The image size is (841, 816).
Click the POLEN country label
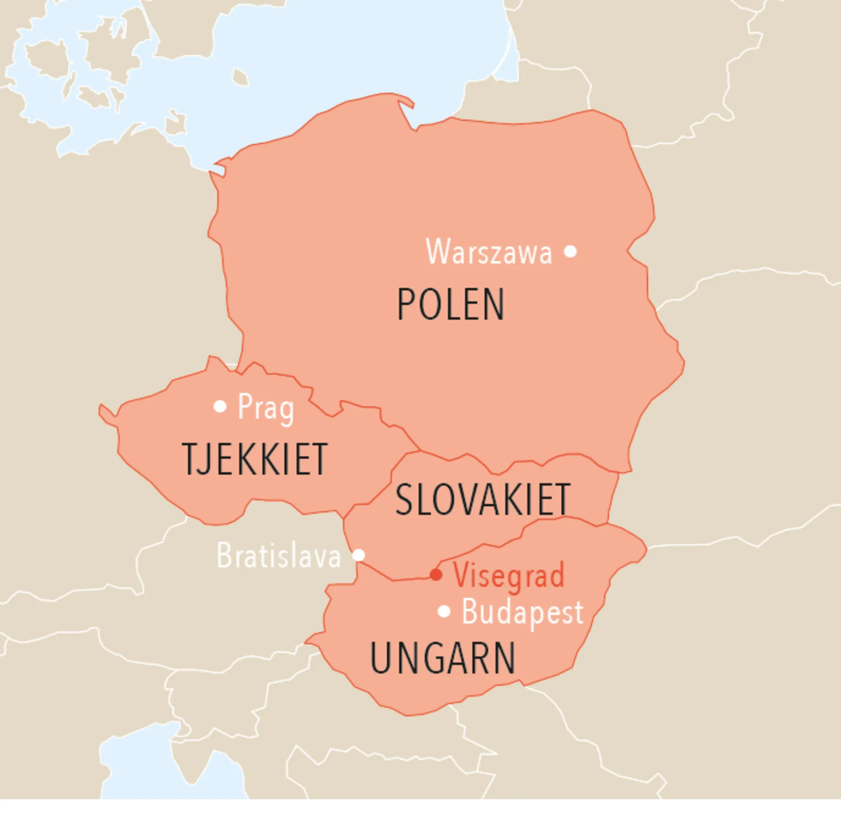pos(450,305)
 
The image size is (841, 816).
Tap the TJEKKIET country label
pos(255,459)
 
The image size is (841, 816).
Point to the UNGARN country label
pos(442,658)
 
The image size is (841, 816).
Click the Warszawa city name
pos(489,252)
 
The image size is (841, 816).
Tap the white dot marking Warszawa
pos(570,251)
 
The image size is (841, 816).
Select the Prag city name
pos(266,407)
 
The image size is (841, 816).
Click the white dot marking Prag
pos(220,406)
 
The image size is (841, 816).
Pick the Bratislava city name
pos(279,556)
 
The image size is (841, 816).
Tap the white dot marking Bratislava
pos(359,555)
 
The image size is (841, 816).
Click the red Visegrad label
pos(508,576)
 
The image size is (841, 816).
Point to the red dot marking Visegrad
pos(436,575)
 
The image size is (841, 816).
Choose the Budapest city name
pos(522,613)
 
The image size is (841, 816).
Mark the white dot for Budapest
pos(444,611)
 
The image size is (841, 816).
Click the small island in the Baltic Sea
pos(240,77)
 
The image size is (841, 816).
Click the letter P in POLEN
pos(405,305)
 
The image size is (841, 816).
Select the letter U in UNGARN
pos(379,658)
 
